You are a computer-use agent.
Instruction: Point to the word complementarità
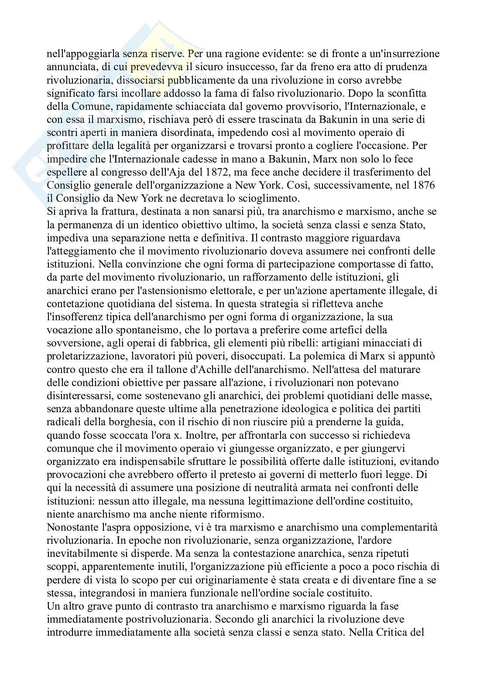(x=394, y=527)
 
